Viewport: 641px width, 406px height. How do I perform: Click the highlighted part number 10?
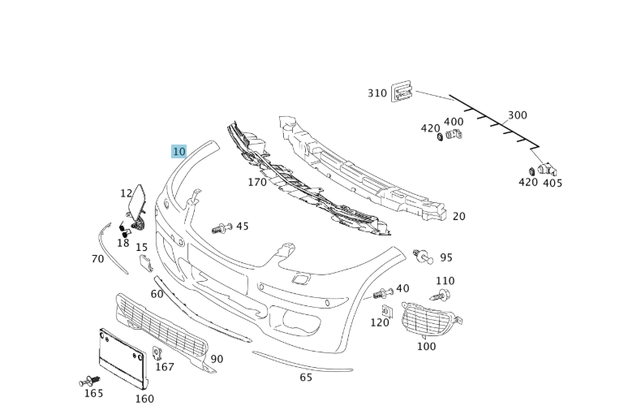tap(179, 151)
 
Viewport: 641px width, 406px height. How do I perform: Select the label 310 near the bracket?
tap(377, 93)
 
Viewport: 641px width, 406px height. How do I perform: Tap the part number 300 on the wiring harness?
tap(517, 115)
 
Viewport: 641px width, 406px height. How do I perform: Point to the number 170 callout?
tap(257, 182)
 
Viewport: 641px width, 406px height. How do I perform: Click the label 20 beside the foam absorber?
tap(459, 216)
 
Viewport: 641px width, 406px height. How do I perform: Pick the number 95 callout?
tap(446, 257)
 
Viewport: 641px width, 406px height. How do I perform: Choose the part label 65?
tap(306, 377)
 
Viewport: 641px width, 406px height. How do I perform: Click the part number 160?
tap(144, 399)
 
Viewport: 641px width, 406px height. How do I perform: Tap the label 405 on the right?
tap(553, 183)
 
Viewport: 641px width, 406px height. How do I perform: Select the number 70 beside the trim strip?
tap(97, 259)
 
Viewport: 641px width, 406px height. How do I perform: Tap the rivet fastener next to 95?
tap(422, 257)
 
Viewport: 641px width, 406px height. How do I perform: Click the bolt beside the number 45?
tap(222, 228)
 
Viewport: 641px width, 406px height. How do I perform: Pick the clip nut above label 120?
tap(387, 309)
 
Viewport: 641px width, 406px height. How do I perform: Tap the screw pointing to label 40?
tap(383, 292)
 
